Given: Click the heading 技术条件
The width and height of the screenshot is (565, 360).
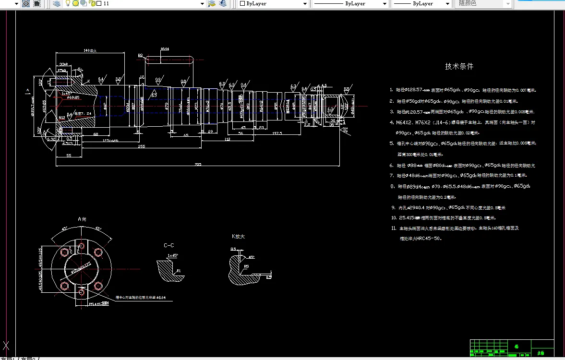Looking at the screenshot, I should [459, 66].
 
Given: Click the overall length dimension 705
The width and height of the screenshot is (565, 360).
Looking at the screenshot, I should [198, 164].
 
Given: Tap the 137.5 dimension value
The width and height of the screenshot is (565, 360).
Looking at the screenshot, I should [276, 133].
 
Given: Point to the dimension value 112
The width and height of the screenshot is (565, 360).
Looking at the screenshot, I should [227, 139].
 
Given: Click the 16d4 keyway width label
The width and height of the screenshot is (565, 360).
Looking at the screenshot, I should [165, 49].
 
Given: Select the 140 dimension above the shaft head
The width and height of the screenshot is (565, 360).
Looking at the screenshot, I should [90, 50].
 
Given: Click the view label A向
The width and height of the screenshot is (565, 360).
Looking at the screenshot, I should [82, 218].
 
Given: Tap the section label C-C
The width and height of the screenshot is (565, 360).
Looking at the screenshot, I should [168, 245].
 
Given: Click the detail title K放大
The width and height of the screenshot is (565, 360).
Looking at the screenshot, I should [238, 236].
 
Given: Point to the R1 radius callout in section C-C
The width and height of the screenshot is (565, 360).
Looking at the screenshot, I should [179, 271].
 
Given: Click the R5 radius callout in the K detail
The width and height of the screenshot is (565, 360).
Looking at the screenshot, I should [246, 266].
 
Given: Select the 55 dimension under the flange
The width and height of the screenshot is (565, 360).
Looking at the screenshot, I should [69, 156].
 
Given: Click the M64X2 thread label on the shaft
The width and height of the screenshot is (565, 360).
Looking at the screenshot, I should [261, 106].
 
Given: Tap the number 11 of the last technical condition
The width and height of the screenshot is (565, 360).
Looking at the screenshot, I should [394, 228].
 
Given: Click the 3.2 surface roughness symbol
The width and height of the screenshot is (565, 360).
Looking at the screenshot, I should [118, 79].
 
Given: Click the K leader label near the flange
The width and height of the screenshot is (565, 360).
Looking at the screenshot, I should [88, 81].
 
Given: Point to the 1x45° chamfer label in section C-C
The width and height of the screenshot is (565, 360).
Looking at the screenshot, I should [172, 255].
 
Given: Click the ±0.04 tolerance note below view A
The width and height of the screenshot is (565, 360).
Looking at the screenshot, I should [139, 298].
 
